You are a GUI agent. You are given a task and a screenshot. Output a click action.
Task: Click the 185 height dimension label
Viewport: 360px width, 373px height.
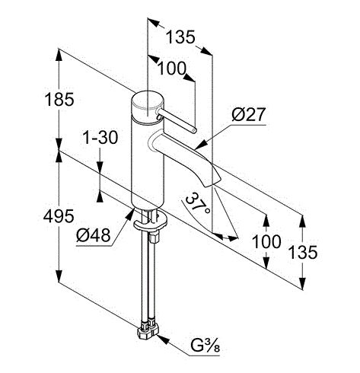click(59, 99)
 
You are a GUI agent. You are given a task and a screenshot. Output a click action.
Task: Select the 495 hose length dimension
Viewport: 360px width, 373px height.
click(59, 216)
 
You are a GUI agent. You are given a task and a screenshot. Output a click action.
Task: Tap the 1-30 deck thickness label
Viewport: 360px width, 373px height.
click(100, 137)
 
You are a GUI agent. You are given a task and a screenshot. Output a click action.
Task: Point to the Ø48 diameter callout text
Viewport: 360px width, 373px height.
click(94, 234)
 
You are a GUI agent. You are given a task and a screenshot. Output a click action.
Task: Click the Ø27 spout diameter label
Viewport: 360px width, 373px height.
click(248, 114)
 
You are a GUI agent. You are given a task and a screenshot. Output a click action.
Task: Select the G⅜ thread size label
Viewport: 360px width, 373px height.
click(205, 346)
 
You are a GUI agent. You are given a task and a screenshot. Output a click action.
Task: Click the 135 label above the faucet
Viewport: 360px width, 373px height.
click(180, 37)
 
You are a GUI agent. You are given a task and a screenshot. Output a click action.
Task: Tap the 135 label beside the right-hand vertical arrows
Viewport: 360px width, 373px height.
click(303, 252)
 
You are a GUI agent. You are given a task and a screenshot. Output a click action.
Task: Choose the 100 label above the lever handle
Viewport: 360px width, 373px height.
click(172, 69)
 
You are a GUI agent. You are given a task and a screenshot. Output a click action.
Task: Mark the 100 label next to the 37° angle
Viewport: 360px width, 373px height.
click(266, 241)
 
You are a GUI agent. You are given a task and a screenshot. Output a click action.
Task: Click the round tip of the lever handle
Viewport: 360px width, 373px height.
click(194, 131)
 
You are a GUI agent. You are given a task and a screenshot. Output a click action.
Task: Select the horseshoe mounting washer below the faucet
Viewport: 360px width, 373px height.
click(151, 223)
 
